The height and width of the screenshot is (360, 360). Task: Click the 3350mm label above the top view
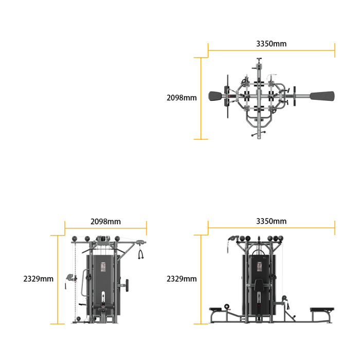(x=271, y=44)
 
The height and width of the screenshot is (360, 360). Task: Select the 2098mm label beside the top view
(x=182, y=98)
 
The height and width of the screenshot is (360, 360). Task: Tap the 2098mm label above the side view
(x=105, y=222)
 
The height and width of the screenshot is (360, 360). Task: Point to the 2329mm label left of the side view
(x=39, y=279)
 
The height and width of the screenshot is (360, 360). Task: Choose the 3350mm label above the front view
(x=271, y=221)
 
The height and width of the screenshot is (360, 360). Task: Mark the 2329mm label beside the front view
(x=182, y=279)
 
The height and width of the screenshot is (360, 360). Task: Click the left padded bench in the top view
(x=215, y=96)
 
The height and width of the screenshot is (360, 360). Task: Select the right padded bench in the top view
(x=322, y=96)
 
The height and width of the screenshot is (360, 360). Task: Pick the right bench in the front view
(x=322, y=310)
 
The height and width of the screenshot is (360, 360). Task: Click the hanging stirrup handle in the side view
(x=141, y=254)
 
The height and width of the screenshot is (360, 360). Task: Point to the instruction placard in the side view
(x=103, y=267)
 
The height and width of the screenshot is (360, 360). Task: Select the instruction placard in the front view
(x=259, y=267)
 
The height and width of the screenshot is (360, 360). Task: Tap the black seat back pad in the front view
(x=259, y=285)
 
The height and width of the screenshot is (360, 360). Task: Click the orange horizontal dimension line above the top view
(x=272, y=50)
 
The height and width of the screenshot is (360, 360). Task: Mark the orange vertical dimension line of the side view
(x=58, y=280)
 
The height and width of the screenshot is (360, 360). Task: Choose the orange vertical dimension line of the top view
(x=201, y=98)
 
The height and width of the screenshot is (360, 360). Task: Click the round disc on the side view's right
(x=127, y=285)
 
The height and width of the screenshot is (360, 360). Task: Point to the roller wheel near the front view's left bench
(x=227, y=307)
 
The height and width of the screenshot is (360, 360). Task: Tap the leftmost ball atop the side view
(x=75, y=239)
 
